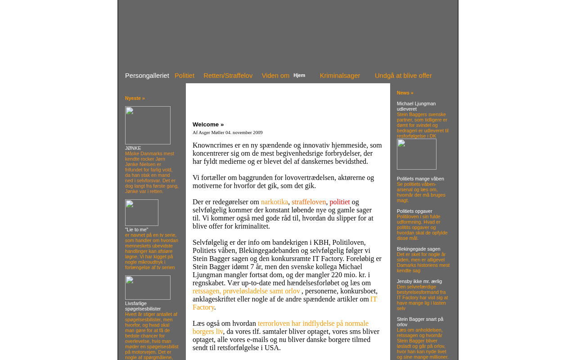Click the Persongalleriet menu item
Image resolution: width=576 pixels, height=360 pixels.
pyautogui.click(x=147, y=76)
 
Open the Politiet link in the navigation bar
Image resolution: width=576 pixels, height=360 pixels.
pyautogui.click(x=184, y=76)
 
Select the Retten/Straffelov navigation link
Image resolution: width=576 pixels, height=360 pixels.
pyautogui.click(x=228, y=76)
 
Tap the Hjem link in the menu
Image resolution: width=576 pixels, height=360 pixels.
pyautogui.click(x=299, y=75)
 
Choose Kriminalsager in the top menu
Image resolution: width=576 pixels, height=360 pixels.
pyautogui.click(x=340, y=76)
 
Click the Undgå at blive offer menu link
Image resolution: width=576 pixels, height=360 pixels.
pyautogui.click(x=403, y=76)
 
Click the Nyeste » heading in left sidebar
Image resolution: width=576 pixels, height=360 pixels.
pyautogui.click(x=135, y=98)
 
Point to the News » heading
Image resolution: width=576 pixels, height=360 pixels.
pyautogui.click(x=405, y=93)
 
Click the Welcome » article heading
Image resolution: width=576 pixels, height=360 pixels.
pyautogui.click(x=208, y=125)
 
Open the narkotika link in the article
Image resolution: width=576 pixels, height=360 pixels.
pyautogui.click(x=274, y=202)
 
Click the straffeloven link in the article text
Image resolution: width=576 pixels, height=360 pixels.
pyautogui.click(x=309, y=202)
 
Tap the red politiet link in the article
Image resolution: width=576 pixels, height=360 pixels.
pyautogui.click(x=340, y=202)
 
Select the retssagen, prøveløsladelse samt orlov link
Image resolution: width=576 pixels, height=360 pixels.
pyautogui.click(x=246, y=291)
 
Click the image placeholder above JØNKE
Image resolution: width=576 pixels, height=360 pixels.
pyautogui.click(x=148, y=125)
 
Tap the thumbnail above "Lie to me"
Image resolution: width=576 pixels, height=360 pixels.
pyautogui.click(x=142, y=212)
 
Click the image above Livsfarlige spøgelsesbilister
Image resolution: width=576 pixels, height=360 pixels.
pyautogui.click(x=148, y=288)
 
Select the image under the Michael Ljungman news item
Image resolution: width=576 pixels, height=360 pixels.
pyautogui.click(x=417, y=154)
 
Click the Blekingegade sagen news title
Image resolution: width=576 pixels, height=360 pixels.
pyautogui.click(x=418, y=249)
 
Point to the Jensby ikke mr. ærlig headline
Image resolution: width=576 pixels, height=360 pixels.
pyautogui.click(x=419, y=281)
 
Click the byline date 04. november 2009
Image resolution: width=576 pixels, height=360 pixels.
pyautogui.click(x=244, y=132)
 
